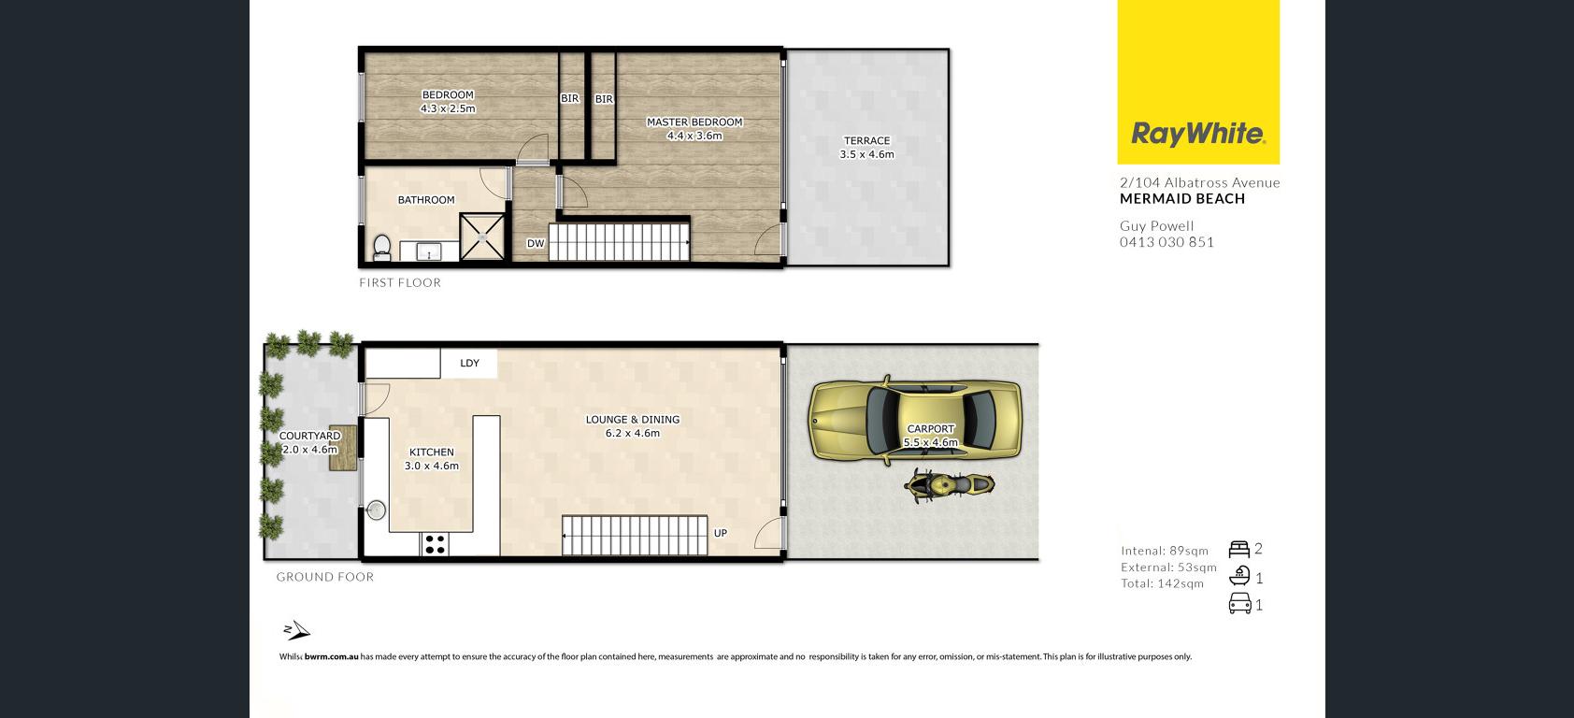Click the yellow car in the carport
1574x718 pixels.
coord(915,421)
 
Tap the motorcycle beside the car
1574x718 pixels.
coord(950,485)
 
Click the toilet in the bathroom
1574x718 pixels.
coord(381,248)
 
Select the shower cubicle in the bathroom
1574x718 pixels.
coord(482,237)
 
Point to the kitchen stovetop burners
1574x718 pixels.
coord(435,544)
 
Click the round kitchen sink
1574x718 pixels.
coord(376,510)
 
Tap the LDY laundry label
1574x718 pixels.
coord(469,364)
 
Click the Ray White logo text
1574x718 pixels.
coord(1198,134)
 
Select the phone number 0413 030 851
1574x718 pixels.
coord(1166,242)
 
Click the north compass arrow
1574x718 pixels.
coord(296,630)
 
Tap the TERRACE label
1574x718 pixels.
coord(866,140)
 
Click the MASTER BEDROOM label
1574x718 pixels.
coord(694,122)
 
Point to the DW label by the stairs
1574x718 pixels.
coord(536,244)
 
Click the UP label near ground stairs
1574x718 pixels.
coord(721,533)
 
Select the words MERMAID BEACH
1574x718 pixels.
coord(1182,199)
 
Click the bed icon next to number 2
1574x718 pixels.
coord(1238,549)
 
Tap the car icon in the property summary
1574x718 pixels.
coord(1239,604)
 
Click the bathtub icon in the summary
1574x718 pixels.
coord(1239,576)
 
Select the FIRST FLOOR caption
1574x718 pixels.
coord(400,282)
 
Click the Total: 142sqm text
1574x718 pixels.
coord(1162,583)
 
